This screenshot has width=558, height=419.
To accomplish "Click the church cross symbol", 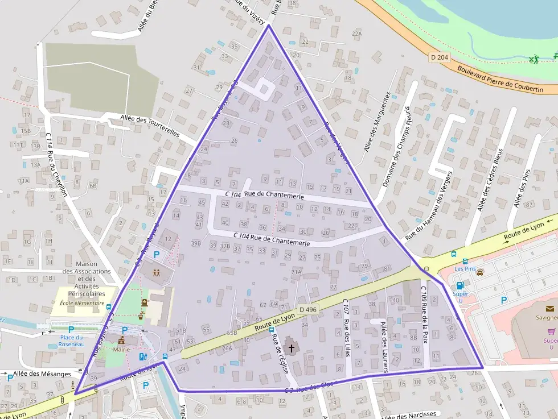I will pyautogui.click(x=292, y=347).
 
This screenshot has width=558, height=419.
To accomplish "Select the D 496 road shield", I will pyautogui.click(x=307, y=309).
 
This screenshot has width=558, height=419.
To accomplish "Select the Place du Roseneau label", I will pyautogui.click(x=72, y=341).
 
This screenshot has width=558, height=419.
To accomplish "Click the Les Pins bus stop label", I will pyautogui.click(x=465, y=268).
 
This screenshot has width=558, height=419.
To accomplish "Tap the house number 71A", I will pyautogui.click(x=296, y=272).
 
